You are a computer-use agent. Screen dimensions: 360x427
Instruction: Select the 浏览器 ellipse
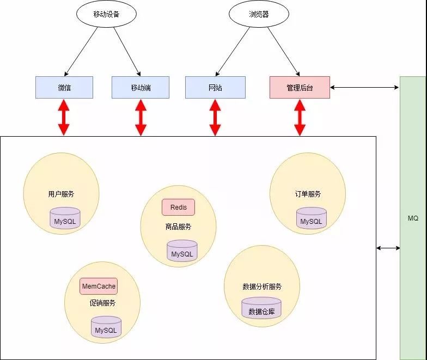[258, 15]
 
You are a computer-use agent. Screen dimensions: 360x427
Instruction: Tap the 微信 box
[64, 87]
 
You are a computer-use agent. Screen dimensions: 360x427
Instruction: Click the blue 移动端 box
[141, 87]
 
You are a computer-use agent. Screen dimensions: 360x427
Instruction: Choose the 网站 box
[215, 87]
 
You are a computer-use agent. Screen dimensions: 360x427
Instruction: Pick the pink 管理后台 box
[300, 87]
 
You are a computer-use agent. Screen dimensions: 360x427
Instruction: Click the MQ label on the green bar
[413, 218]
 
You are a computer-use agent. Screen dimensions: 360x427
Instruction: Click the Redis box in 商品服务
[178, 208]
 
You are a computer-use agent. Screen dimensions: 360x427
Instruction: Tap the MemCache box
[99, 286]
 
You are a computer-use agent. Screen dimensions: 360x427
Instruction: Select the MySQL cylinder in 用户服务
[65, 218]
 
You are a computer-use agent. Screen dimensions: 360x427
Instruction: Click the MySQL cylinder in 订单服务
[312, 218]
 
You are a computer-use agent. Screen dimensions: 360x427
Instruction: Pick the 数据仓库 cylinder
[261, 309]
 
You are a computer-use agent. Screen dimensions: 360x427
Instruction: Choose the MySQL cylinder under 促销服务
[106, 327]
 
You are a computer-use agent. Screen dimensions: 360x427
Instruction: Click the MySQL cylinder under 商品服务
[182, 251]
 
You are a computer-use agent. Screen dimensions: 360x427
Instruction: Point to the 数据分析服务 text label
[262, 286]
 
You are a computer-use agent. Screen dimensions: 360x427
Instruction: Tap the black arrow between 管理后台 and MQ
[365, 87]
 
